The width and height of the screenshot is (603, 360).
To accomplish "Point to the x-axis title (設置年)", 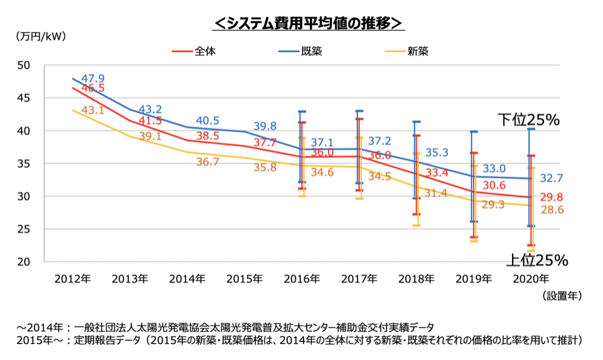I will coord(561,295).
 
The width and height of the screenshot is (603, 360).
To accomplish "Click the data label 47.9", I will coord(93,78).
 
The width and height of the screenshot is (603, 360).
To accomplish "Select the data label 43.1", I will coord(93,111).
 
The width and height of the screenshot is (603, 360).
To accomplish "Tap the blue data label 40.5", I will coord(208,120).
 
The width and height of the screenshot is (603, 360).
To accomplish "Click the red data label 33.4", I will coord(438,172).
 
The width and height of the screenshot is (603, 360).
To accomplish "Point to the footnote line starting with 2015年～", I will coord(299,340).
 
